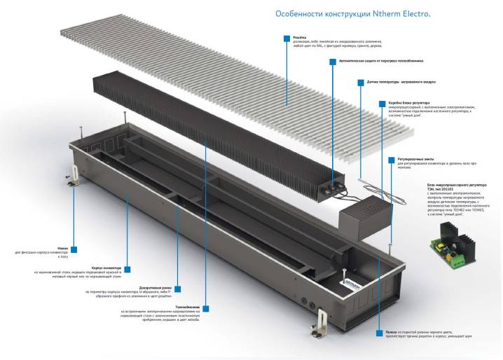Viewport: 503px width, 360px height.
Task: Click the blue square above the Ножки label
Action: click(74, 249)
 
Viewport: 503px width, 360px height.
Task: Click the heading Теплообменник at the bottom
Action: click(186, 307)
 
